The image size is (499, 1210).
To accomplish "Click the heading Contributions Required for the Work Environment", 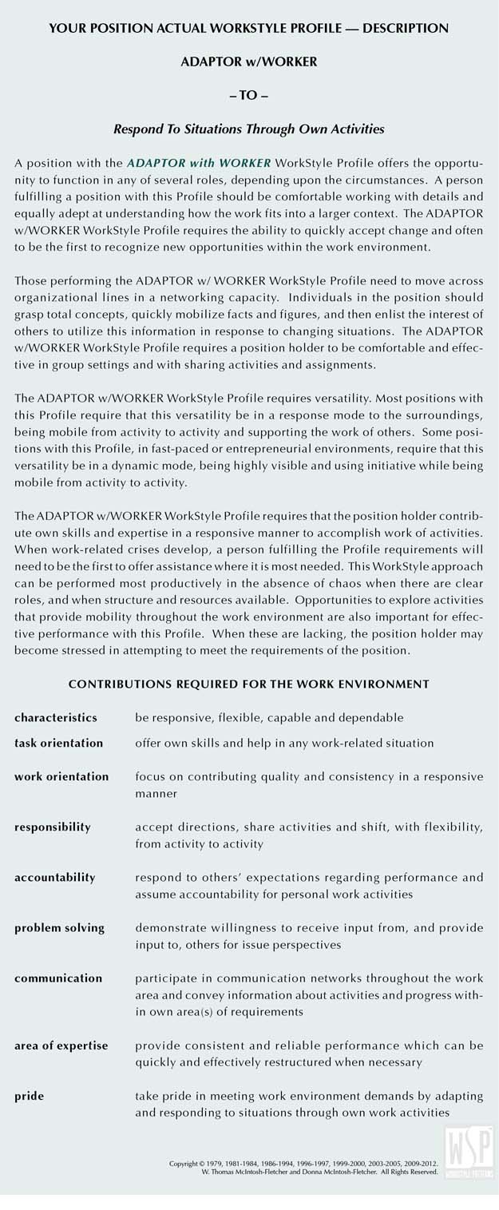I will [249, 684].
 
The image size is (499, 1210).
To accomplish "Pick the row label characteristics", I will [56, 718].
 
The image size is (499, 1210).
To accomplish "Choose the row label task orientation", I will [58, 743].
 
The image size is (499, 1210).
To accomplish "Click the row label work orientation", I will [61, 776].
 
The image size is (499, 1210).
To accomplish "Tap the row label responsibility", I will [53, 827].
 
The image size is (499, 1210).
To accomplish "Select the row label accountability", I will [55, 877].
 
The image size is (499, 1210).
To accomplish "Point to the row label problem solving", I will [60, 928].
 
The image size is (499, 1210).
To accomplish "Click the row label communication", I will [58, 978].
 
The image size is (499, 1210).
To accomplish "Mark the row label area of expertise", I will [61, 1045].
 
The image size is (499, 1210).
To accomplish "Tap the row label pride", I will [29, 1097].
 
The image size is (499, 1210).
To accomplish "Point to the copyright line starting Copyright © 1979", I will [303, 1164].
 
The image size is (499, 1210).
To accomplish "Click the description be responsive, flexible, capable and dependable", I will [269, 718].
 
